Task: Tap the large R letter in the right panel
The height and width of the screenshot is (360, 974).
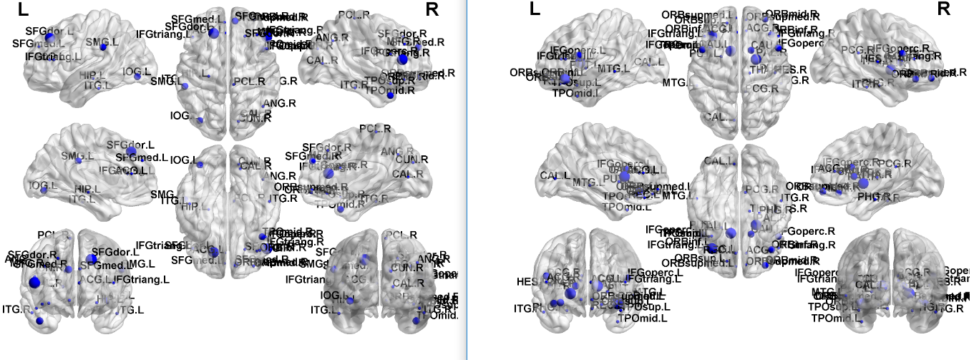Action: pyautogui.click(x=943, y=9)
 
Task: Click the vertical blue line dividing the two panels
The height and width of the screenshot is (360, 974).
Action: pyautogui.click(x=467, y=179)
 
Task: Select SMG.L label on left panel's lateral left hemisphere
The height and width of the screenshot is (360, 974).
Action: pyautogui.click(x=98, y=43)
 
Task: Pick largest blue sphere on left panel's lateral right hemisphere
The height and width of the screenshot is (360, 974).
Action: pyautogui.click(x=401, y=59)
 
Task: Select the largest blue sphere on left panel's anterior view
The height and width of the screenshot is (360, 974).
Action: pyautogui.click(x=34, y=282)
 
